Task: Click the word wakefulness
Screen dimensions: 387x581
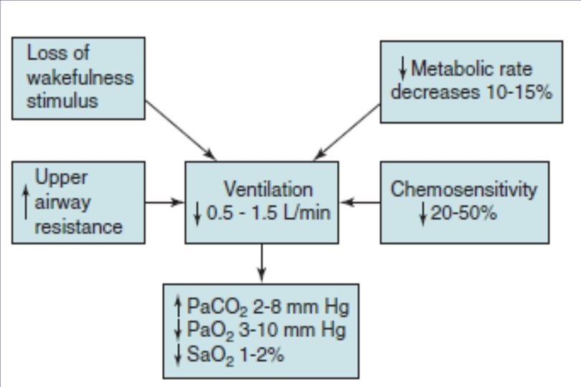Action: [80, 77]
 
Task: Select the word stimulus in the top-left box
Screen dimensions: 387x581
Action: [62, 100]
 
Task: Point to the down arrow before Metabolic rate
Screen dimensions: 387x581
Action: [403, 70]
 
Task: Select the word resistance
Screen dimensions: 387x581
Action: [78, 226]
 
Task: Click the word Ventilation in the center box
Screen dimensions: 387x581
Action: [268, 190]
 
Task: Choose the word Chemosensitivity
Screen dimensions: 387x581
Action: [463, 189]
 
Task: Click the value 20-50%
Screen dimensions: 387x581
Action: [463, 214]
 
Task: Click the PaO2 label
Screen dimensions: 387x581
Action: [205, 330]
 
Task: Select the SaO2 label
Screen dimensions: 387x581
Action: [205, 352]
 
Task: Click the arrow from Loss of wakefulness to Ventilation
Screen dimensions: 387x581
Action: [180, 130]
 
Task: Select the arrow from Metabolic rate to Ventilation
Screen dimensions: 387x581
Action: [347, 130]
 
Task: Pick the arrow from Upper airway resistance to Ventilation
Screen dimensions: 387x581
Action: [164, 202]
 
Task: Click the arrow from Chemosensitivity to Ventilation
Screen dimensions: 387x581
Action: [360, 202]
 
